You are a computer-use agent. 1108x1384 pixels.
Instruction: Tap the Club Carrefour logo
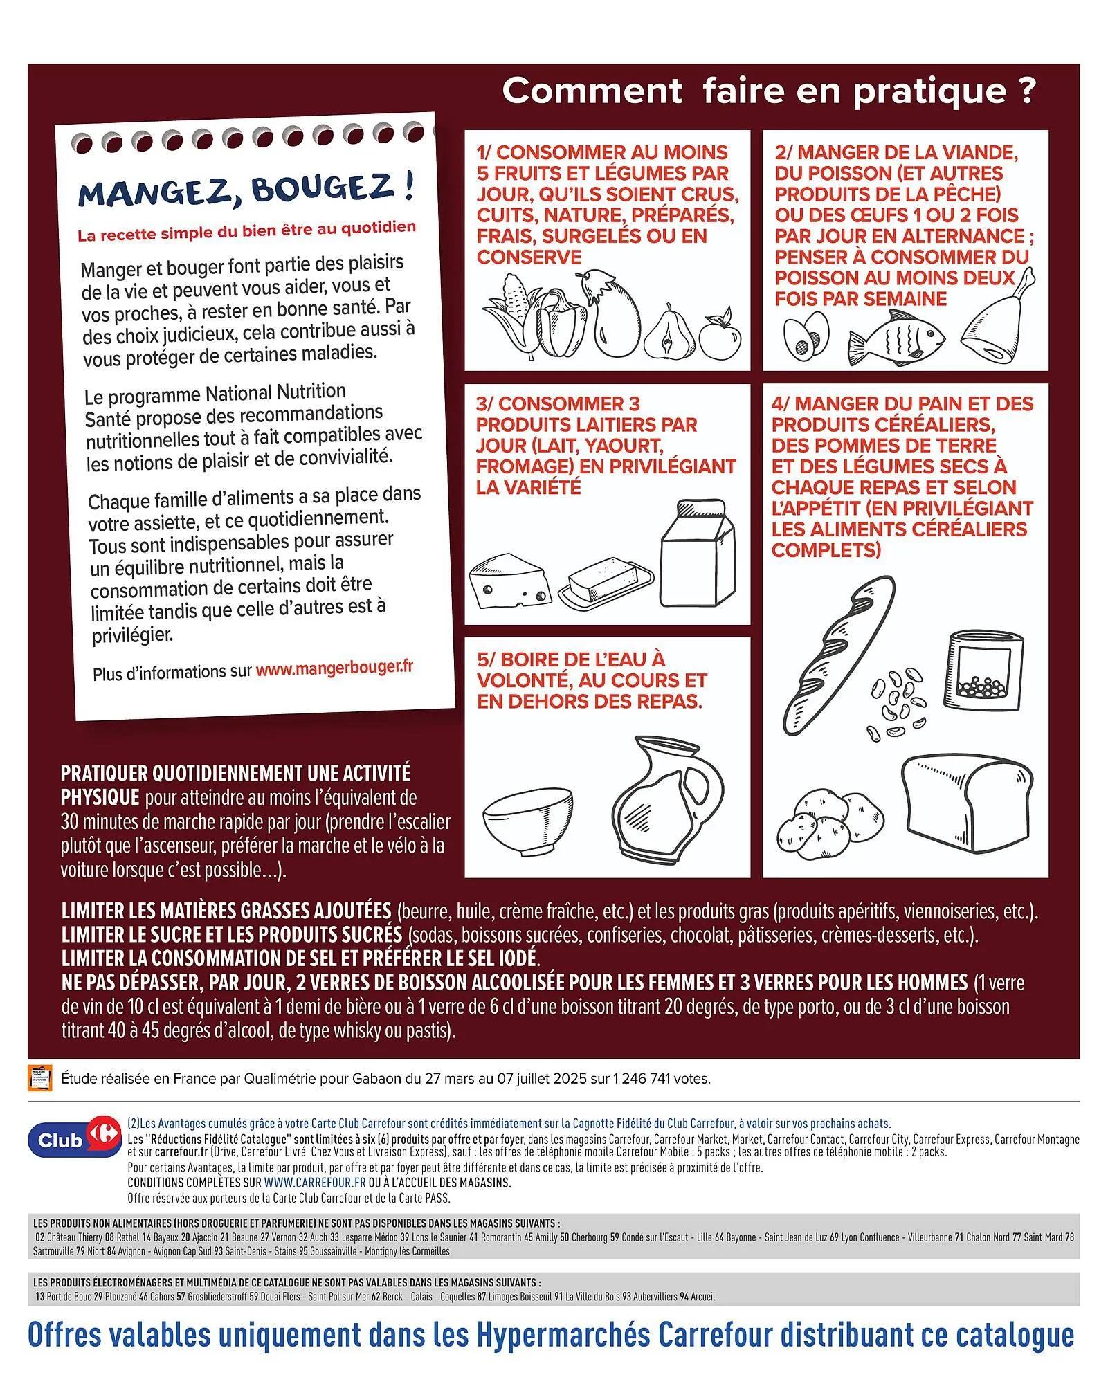coord(65,1140)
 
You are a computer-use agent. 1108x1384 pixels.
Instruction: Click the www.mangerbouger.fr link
coord(334,668)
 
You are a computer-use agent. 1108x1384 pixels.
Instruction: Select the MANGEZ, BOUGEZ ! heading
coord(246,190)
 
